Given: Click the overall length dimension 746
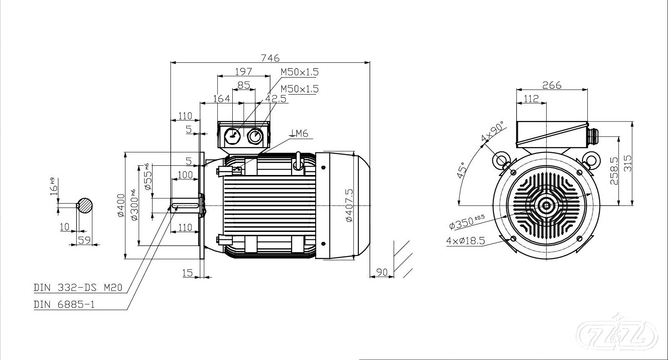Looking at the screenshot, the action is tap(270, 58).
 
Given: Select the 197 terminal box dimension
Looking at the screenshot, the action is tap(244, 72).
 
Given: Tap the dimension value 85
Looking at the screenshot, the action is tap(244, 85).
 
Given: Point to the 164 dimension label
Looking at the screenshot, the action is tap(222, 99).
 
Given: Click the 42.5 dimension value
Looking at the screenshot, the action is tap(276, 99).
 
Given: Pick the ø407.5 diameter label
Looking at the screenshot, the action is tap(349, 205).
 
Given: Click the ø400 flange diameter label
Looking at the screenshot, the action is tap(121, 206).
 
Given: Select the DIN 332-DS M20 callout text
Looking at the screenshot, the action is tap(78, 288).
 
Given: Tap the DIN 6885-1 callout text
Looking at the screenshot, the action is tap(64, 304).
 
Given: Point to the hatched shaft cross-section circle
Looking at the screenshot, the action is tap(85, 205).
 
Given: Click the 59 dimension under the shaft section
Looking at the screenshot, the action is tap(84, 240).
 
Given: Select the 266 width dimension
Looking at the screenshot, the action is tap(552, 85).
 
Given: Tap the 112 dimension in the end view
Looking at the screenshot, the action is tap(531, 99).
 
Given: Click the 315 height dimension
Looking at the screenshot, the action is tap(627, 163).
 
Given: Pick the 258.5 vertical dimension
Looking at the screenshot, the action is tap(614, 171).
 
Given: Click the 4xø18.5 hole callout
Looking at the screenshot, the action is tap(465, 240).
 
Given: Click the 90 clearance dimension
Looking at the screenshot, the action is tap(382, 272).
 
